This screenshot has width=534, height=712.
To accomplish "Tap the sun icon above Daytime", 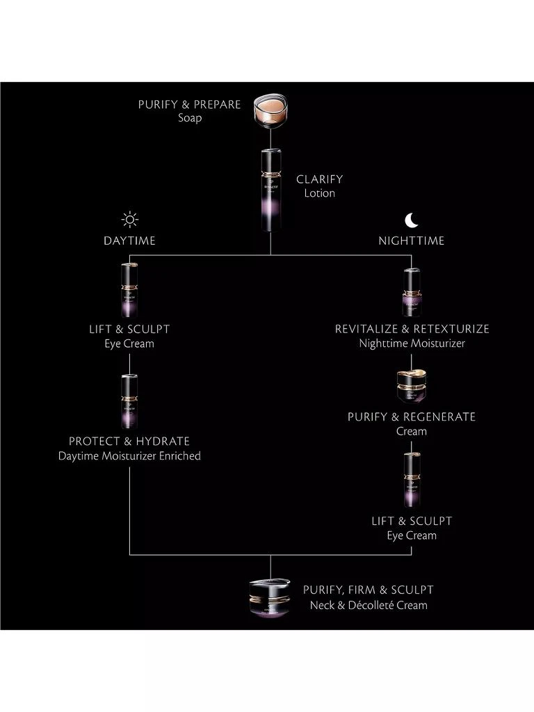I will (x=129, y=220).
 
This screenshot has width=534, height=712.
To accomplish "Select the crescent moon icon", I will (x=412, y=220).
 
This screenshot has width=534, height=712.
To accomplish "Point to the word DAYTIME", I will (x=129, y=241).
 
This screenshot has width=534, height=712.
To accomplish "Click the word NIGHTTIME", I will (x=412, y=241).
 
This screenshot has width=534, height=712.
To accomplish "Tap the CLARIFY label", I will (x=319, y=179).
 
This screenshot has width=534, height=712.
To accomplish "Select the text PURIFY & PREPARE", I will (x=189, y=104).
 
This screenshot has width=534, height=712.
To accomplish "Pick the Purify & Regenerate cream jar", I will (x=412, y=385).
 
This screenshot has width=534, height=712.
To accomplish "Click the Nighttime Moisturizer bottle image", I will (x=412, y=292).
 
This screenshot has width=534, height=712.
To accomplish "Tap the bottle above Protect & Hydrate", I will (x=129, y=401).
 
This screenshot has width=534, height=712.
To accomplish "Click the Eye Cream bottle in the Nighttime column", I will (x=412, y=480).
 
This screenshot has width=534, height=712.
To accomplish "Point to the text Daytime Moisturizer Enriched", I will (x=129, y=456).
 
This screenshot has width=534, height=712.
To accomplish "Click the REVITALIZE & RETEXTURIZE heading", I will (x=412, y=329).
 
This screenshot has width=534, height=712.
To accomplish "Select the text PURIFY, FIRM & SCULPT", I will (x=368, y=590).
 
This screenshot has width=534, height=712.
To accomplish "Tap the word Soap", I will (x=189, y=118).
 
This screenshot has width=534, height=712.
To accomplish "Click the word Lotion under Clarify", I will (x=319, y=193).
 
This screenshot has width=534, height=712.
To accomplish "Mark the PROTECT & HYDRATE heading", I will (x=129, y=442).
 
